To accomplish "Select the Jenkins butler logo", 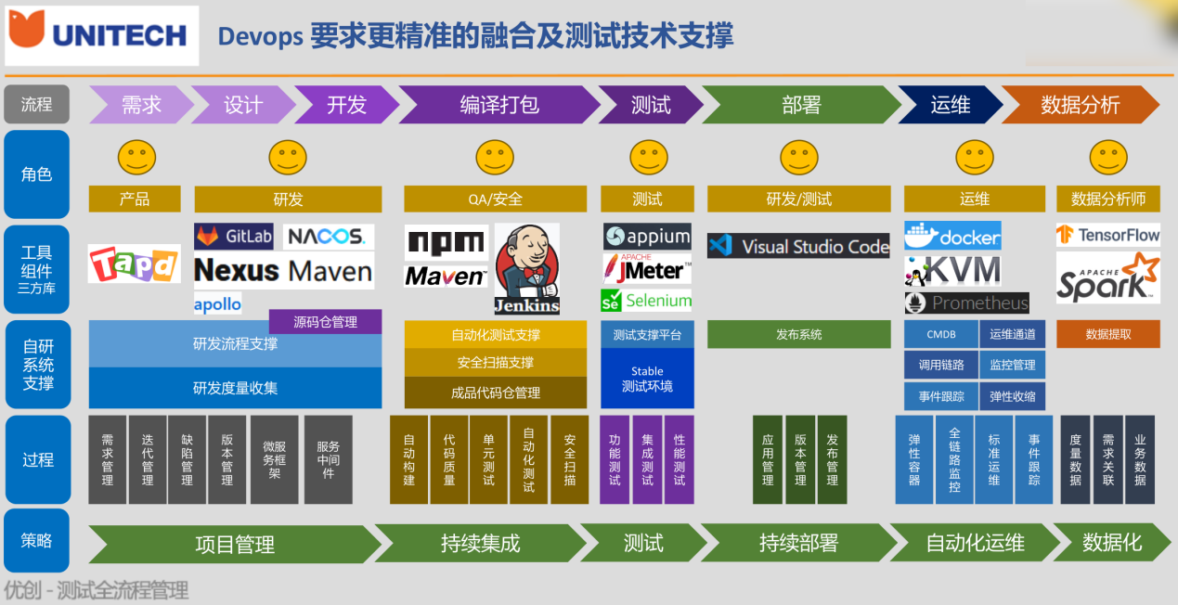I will click(526, 268).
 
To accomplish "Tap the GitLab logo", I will click(234, 237).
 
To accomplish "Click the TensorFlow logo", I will click(1107, 236).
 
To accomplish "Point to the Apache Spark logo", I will click(1107, 278).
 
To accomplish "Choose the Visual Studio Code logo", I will click(797, 246).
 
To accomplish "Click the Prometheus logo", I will click(966, 303).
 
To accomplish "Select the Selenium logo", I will click(646, 301).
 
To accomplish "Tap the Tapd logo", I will click(134, 264).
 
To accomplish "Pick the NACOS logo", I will click(328, 237).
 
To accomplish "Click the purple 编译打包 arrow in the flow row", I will click(498, 105).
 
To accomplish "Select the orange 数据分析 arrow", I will click(1080, 105).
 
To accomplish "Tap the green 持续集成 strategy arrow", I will click(480, 544).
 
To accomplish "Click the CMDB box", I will click(940, 335).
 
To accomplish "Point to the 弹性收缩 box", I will click(1012, 396).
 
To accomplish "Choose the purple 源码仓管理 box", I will click(325, 322).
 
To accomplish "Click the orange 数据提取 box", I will click(1107, 335).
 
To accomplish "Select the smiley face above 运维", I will click(974, 158).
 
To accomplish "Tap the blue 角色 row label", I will click(37, 174).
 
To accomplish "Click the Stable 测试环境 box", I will click(647, 379).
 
